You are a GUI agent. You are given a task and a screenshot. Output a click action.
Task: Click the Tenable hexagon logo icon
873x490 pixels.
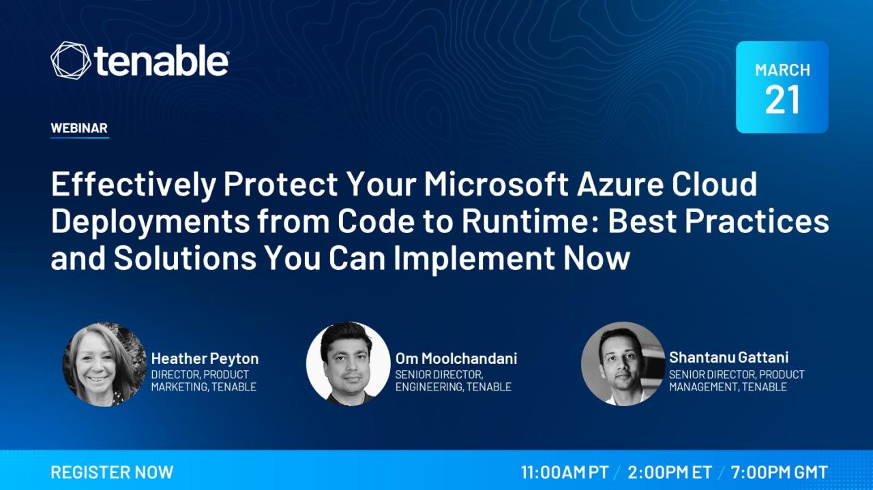pos(70,61)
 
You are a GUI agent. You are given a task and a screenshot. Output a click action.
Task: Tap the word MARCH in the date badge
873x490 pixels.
pos(782,70)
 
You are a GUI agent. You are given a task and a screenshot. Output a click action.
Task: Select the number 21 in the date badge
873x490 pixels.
pos(782,100)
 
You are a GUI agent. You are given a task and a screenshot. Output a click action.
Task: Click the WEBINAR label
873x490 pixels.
pos(79,127)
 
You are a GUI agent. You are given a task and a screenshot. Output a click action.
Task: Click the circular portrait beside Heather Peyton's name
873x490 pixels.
pos(104,364)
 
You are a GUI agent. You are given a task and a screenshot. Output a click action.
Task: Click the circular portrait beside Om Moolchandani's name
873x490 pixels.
pos(348,364)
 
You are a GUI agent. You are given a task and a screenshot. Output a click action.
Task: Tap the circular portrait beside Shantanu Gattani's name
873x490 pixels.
pos(623,364)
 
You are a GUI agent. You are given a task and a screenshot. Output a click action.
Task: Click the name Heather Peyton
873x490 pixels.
pos(205,358)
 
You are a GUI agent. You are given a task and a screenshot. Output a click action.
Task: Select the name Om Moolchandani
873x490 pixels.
pos(456,358)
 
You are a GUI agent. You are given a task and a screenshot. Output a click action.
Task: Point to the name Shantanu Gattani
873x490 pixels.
pos(728,357)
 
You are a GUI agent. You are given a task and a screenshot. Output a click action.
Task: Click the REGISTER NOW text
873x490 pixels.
pos(113,472)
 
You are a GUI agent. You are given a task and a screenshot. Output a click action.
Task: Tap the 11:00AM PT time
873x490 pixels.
pos(565,472)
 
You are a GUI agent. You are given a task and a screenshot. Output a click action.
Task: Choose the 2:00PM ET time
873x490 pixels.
pos(670,472)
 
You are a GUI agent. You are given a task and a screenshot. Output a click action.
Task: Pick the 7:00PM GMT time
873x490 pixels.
pos(779,472)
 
